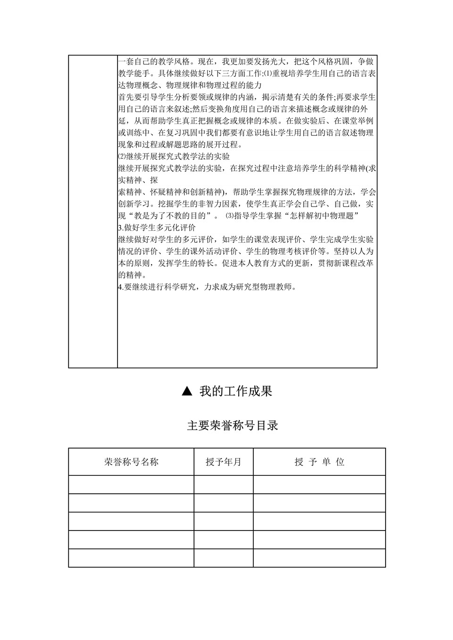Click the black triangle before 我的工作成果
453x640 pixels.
point(187,391)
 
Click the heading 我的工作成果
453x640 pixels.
point(235,391)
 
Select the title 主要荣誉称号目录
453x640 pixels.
point(233,425)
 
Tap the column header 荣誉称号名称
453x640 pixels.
point(131,462)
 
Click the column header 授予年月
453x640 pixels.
point(223,462)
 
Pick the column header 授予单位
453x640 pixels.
point(319,462)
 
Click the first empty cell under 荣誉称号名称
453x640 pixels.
point(131,484)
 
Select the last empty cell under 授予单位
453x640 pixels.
point(319,558)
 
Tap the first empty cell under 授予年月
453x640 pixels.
point(223,484)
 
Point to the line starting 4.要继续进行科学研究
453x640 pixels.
point(208,287)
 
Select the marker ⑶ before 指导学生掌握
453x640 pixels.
point(230,216)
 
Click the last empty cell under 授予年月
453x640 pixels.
point(223,558)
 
